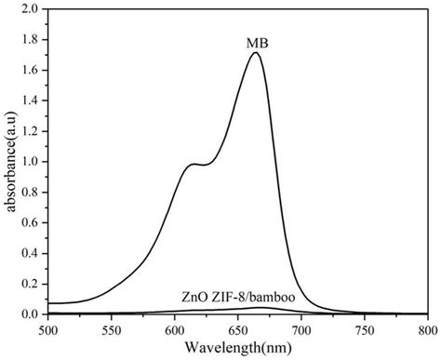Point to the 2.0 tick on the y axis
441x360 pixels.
[32, 9]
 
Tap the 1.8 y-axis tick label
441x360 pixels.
[32, 40]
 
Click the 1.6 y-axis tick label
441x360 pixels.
[32, 71]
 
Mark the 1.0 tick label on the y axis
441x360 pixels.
[32, 162]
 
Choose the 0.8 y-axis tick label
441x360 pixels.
[32, 193]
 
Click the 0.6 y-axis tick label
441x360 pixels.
[32, 223]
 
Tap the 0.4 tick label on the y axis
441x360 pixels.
[32, 253]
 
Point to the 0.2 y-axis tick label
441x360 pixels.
[32, 284]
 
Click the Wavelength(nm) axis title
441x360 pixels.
[237, 348]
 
